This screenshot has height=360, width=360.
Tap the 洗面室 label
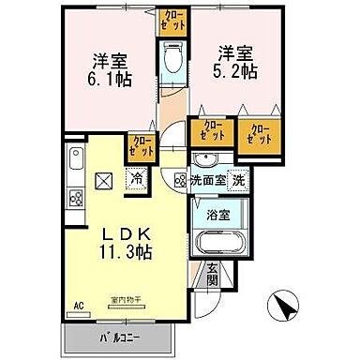click(x=207, y=179)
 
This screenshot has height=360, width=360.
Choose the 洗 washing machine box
click(x=238, y=179)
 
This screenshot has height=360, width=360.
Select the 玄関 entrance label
click(x=213, y=274)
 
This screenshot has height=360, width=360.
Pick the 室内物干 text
click(x=123, y=299)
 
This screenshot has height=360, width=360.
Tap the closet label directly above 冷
click(x=142, y=146)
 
